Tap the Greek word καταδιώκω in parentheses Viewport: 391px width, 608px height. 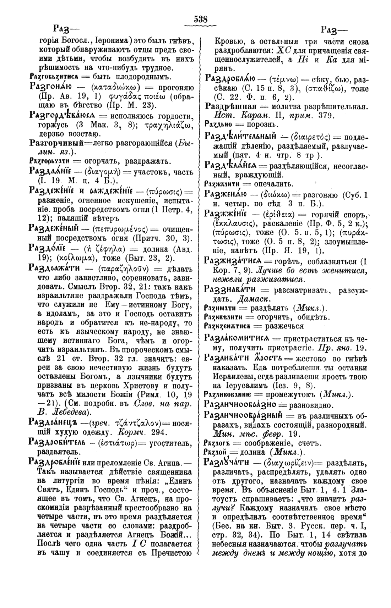112,87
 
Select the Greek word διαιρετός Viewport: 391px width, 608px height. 310,137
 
